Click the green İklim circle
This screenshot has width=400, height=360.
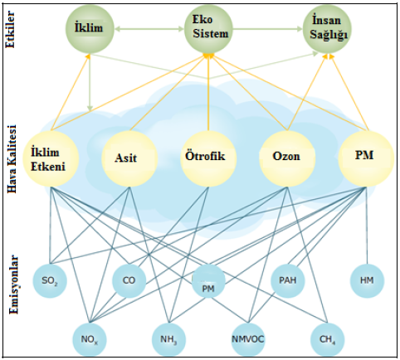click(90, 29)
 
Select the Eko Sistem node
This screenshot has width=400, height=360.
click(208, 29)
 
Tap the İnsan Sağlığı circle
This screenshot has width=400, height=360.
click(327, 29)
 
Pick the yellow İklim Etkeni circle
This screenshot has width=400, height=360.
click(51, 158)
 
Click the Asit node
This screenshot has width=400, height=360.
click(129, 158)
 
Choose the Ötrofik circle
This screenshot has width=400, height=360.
click(208, 158)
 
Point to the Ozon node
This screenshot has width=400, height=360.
click(287, 158)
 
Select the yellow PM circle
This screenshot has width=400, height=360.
click(366, 158)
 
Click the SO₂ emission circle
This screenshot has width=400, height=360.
click(50, 280)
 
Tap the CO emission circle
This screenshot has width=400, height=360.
click(129, 280)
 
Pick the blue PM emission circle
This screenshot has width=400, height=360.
click(208, 280)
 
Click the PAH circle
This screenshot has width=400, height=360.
click(288, 280)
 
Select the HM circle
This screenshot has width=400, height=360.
click(367, 280)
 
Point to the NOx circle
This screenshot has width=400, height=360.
click(90, 339)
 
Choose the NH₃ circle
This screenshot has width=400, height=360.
click(168, 339)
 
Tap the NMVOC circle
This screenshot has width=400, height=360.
click(248, 339)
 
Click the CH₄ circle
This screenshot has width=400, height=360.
click(328, 339)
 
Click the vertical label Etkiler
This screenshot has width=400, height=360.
click(10, 29)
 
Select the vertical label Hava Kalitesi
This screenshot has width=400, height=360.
click(12, 158)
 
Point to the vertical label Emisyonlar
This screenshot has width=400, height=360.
click(13, 285)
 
